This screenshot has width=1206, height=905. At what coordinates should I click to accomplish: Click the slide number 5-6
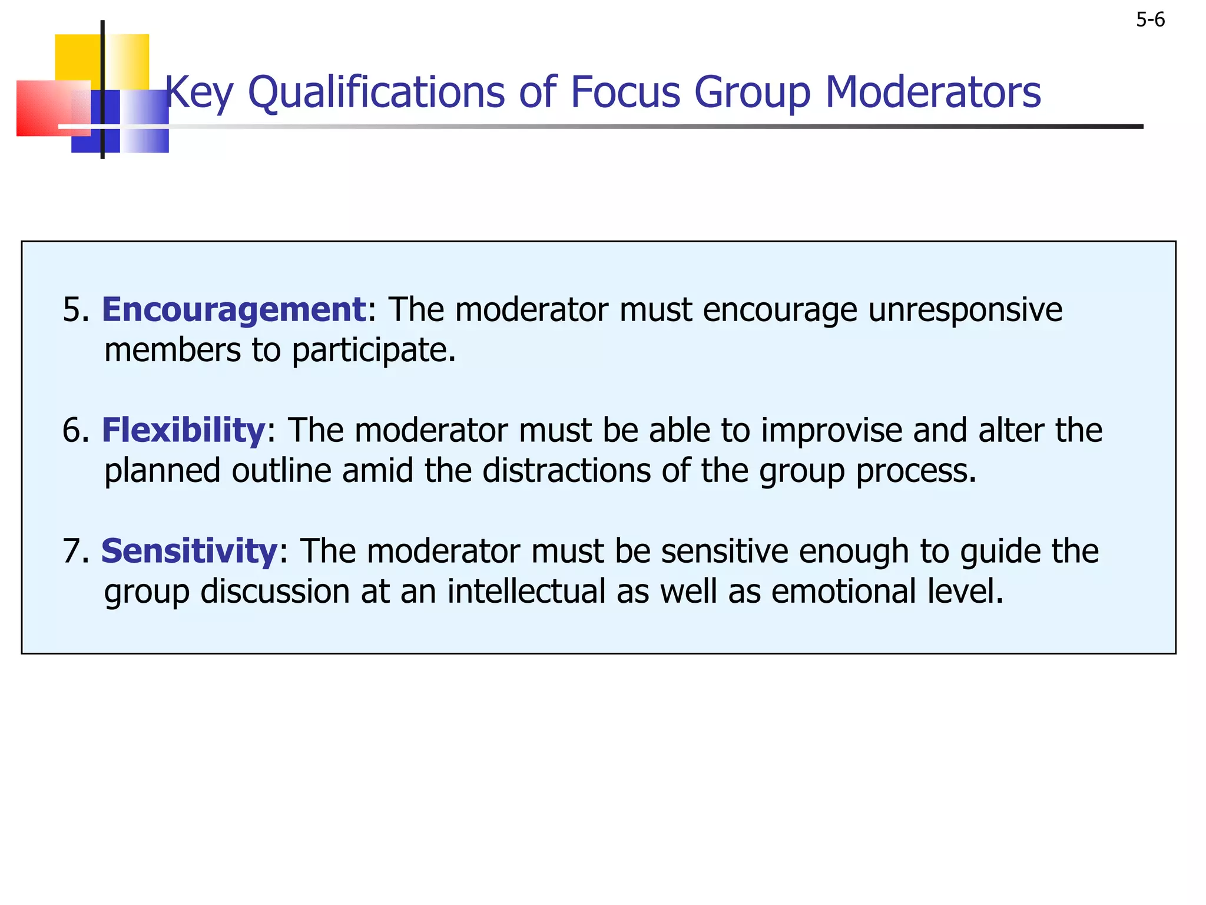1150,20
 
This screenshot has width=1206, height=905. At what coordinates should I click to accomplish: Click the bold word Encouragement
234,310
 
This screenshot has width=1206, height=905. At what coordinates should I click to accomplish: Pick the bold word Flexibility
183,430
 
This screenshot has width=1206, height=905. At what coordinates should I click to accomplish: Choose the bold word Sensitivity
189,551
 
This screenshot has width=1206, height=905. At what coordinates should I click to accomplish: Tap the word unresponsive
965,310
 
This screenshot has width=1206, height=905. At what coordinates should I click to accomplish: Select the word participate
373,351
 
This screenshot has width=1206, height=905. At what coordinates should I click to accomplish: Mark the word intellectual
526,592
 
